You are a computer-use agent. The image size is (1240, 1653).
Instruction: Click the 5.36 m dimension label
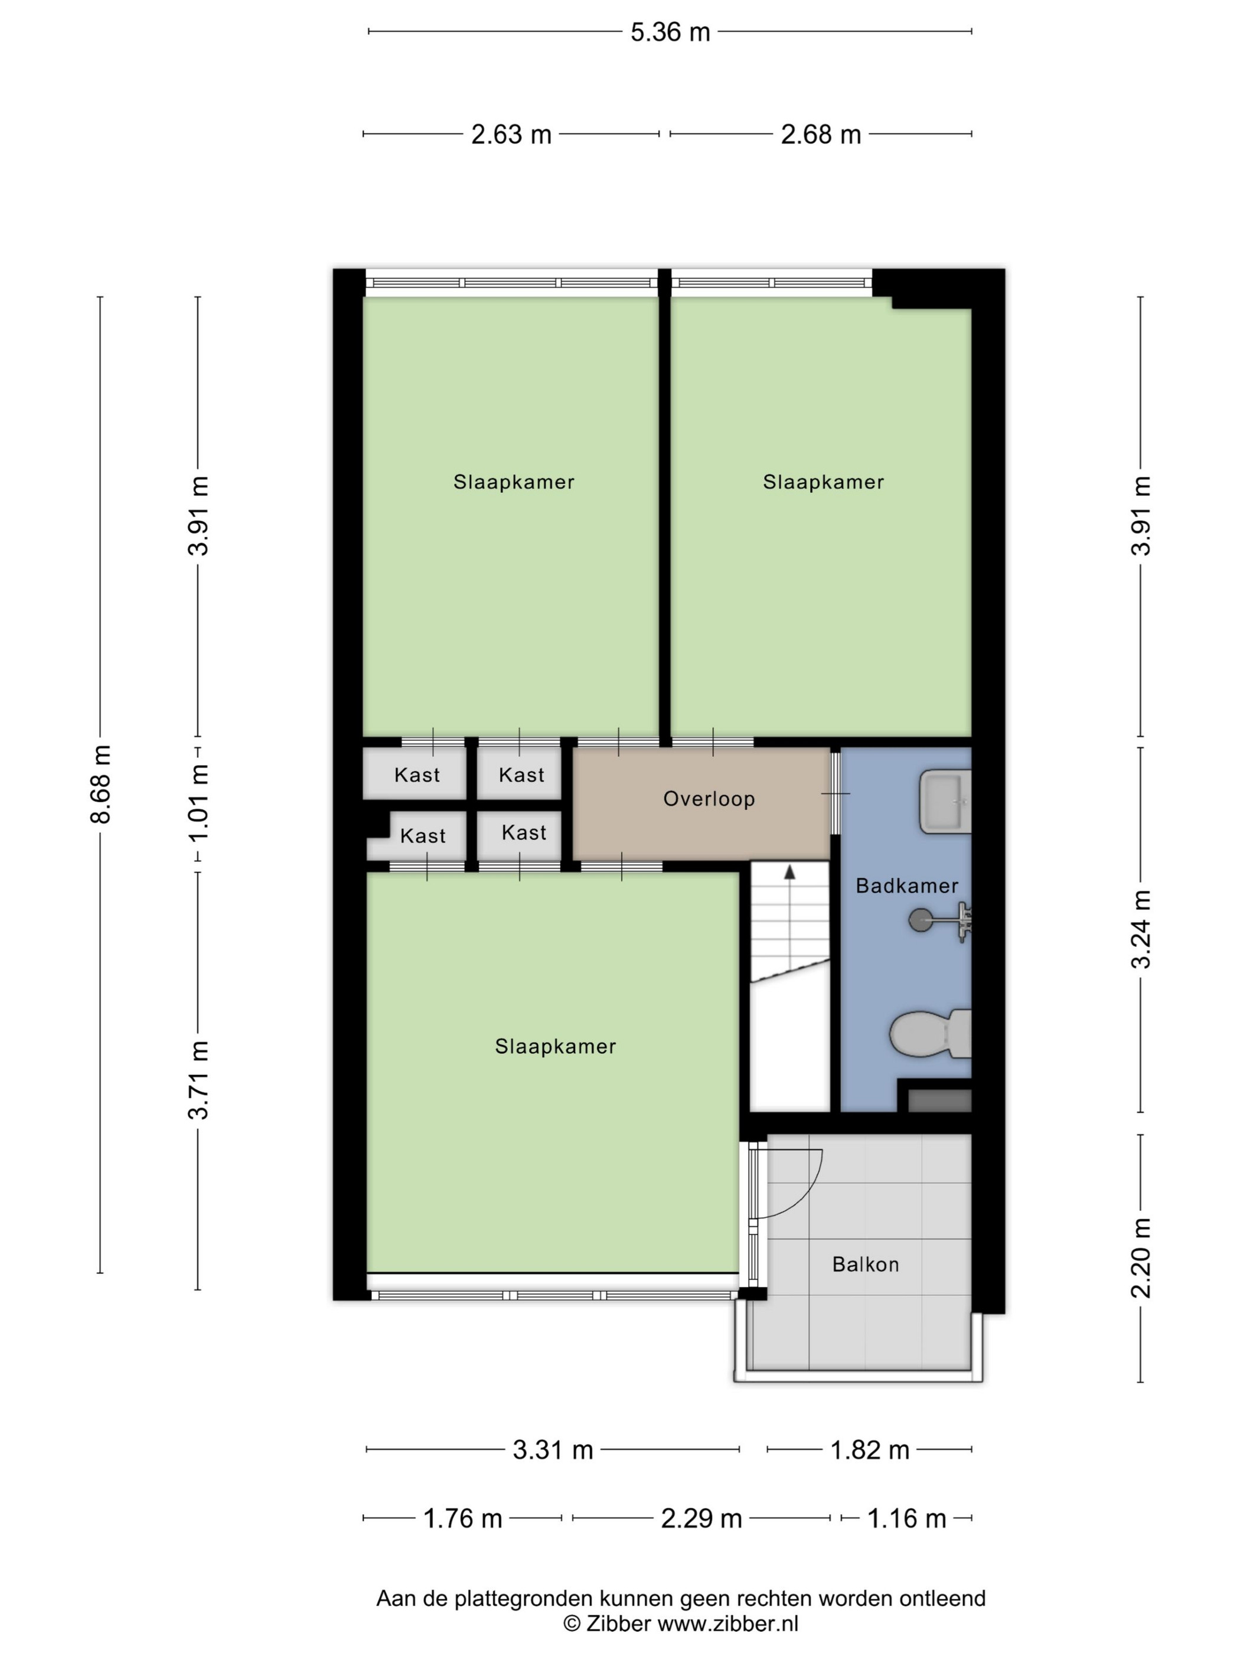point(670,32)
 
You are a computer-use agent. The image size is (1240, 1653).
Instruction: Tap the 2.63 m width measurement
point(511,135)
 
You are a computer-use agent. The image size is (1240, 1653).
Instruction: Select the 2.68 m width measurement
point(821,135)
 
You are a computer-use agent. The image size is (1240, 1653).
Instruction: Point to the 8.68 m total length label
point(100,784)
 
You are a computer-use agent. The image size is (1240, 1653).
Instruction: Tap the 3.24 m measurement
point(1141,930)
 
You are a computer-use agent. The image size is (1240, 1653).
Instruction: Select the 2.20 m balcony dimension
point(1141,1259)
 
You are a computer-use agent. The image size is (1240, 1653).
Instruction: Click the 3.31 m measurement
point(553,1450)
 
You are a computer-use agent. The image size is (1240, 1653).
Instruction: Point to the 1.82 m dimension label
point(870,1450)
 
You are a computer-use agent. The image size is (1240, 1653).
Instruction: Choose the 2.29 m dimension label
point(701,1518)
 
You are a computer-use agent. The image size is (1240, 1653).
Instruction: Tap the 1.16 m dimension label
point(906,1518)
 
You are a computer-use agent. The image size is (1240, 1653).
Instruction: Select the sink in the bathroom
point(945,802)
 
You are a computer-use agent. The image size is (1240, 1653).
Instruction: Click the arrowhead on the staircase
point(789,872)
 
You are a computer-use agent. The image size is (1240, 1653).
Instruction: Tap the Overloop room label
point(709,799)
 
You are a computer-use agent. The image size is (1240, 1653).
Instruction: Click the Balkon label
point(866,1265)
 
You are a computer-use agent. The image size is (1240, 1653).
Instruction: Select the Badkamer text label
point(906,886)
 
